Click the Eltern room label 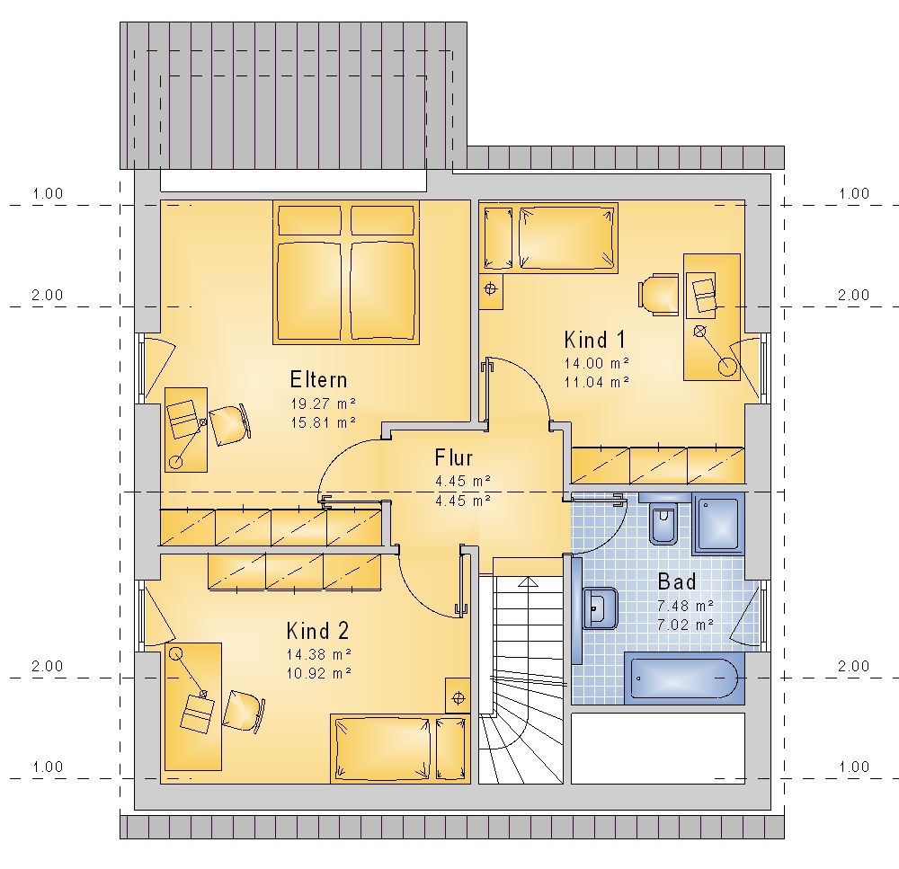click(x=318, y=379)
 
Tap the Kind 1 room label click(x=594, y=340)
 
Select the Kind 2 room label click(x=317, y=631)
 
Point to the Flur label click(x=453, y=457)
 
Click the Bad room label click(x=677, y=581)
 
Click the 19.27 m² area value click(x=324, y=403)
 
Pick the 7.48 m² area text click(x=685, y=606)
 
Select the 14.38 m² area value click(x=319, y=654)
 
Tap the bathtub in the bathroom click(x=684, y=678)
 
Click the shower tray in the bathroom click(x=718, y=524)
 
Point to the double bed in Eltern click(x=346, y=272)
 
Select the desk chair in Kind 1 click(x=658, y=294)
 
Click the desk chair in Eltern click(x=229, y=425)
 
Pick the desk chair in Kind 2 click(x=244, y=711)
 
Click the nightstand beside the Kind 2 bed click(x=458, y=696)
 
